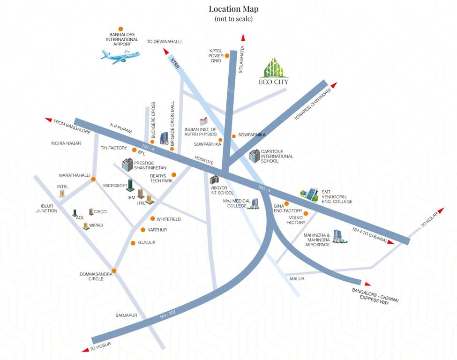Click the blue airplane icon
pos(120,56)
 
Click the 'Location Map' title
pos(233,9)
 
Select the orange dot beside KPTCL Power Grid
pos(227,55)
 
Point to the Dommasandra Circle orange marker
pos(113,270)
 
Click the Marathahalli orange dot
pos(93,179)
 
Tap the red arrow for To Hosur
pos(85,349)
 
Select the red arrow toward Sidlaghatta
pos(243,38)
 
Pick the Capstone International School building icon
pos(254,156)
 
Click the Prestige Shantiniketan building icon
pos(127,165)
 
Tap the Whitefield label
pos(169,219)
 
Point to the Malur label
pos(297,278)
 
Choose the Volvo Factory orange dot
pos(306,214)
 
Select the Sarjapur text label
pos(126,315)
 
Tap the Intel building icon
pos(61,193)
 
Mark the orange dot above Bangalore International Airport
pos(121,29)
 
